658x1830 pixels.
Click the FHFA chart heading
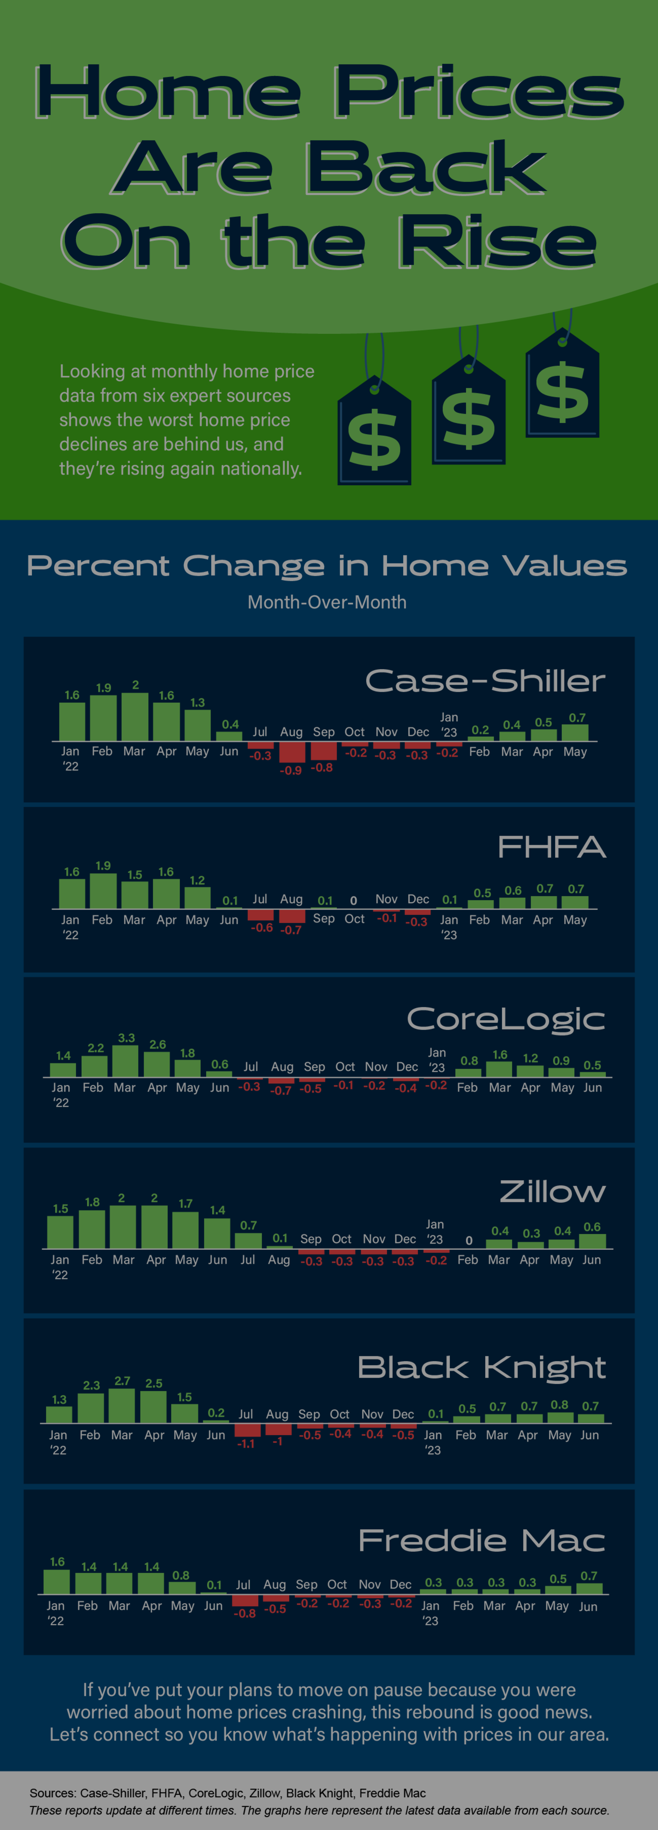551,847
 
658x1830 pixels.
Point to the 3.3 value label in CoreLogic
126,1038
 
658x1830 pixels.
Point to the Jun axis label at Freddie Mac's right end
588,1606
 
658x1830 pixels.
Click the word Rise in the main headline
497,242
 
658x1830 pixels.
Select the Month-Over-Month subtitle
327,603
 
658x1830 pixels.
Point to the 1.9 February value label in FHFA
103,865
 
